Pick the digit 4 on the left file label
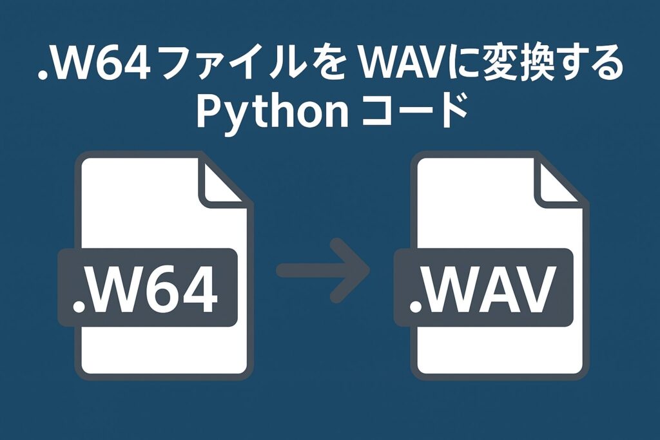pyautogui.click(x=199, y=290)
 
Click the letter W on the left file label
pyautogui.click(x=114, y=290)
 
